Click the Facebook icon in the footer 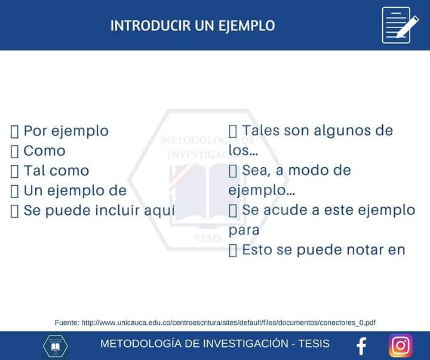(361, 346)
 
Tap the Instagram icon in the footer (401, 345)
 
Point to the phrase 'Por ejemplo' (66, 131)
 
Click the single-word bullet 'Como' (44, 151)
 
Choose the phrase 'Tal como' (56, 171)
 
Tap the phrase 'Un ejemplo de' (75, 190)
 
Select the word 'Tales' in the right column (260, 130)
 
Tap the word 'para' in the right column (244, 230)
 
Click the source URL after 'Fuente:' (228, 322)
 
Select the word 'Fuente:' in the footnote (66, 322)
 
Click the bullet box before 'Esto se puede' (233, 250)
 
